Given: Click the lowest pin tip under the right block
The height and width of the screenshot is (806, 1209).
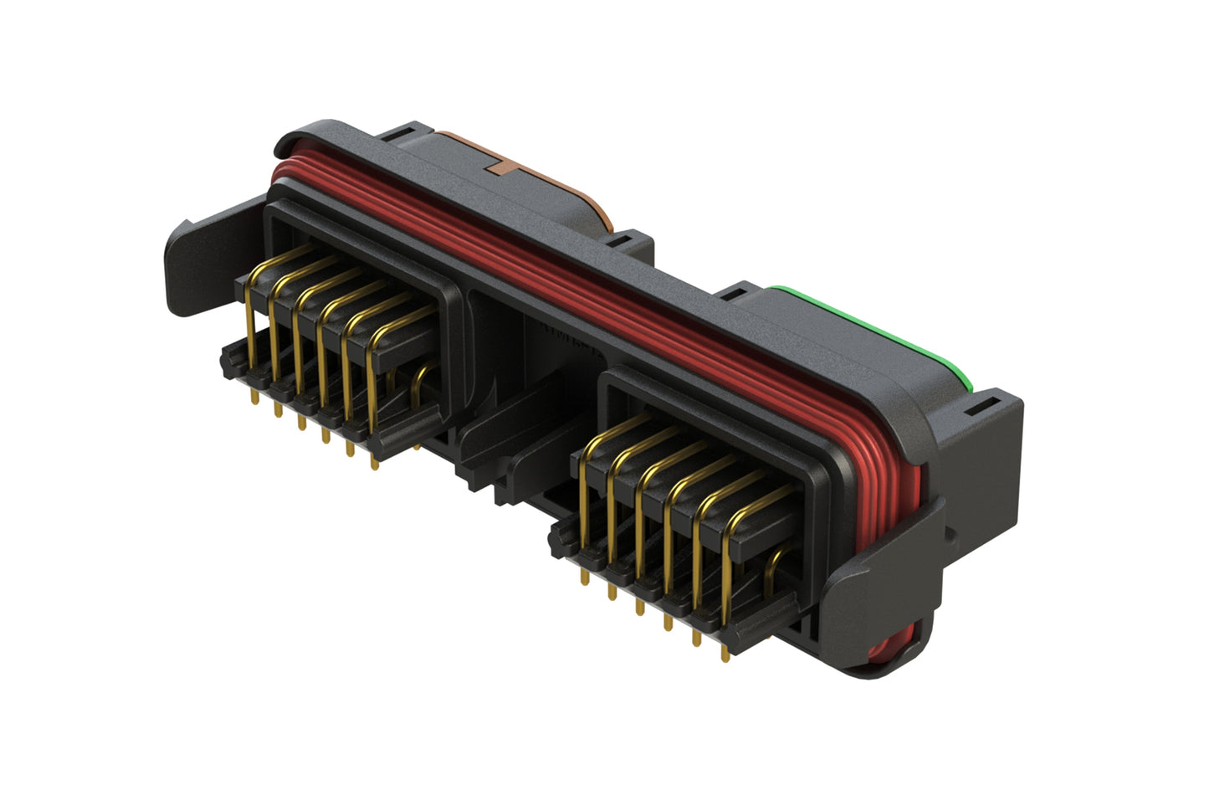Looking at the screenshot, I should (725, 656).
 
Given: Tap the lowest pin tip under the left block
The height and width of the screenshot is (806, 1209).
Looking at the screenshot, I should (374, 465).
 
